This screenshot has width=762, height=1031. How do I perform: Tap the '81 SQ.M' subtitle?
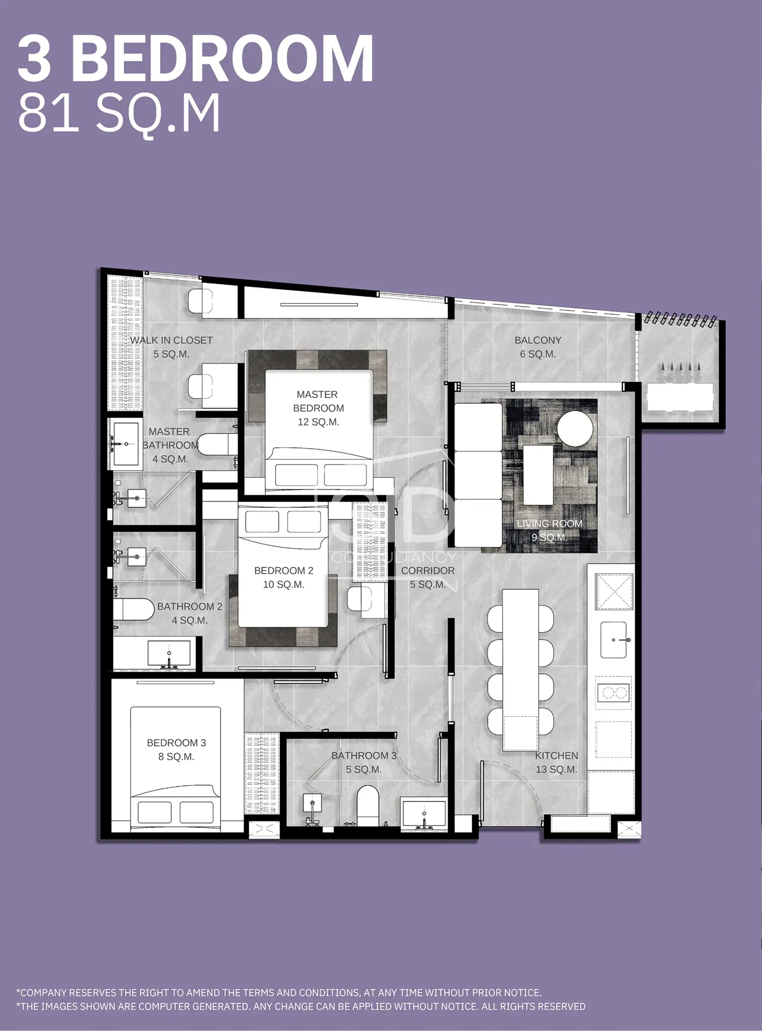coord(119,114)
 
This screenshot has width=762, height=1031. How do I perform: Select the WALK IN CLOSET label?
coord(171,347)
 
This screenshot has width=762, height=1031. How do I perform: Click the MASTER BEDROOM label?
coord(318,408)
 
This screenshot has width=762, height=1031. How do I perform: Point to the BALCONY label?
coord(538,347)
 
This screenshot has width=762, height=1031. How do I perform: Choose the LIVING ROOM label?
coord(549,530)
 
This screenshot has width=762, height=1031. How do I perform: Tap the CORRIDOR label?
coord(428,577)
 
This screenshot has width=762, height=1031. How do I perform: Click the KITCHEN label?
coord(556,762)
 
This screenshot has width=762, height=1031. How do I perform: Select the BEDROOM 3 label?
coord(176,750)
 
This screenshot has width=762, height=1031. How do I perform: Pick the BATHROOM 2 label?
coord(189,613)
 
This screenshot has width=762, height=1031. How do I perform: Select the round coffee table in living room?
coord(575,428)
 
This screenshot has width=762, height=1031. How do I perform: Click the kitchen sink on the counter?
coord(616,639)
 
